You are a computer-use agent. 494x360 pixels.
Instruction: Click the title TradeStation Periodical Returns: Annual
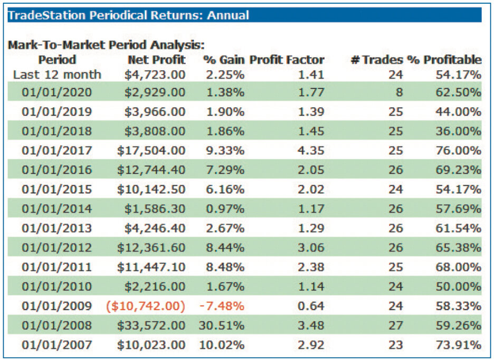[128, 15]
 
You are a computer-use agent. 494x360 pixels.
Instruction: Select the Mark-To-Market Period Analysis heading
[106, 45]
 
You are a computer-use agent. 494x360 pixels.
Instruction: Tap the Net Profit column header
[157, 60]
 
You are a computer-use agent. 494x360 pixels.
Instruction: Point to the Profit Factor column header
[287, 60]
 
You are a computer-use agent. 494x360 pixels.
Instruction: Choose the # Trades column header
[377, 60]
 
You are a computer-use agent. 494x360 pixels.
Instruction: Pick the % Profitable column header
[444, 60]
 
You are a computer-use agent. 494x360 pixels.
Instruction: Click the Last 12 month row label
[57, 75]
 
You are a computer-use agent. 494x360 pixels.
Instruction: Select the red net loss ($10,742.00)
[146, 306]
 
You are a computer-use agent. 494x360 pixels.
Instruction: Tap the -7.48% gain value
[222, 306]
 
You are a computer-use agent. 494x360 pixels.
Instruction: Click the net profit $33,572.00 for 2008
[151, 325]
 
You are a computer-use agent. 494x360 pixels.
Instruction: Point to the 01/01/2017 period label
[56, 150]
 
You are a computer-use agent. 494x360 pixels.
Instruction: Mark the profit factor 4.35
[311, 150]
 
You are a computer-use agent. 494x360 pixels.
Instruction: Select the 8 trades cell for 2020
[399, 92]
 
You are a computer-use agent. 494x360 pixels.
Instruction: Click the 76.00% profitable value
[459, 150]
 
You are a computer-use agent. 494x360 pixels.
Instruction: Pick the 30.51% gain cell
[222, 325]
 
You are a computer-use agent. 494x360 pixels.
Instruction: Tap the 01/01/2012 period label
[56, 248]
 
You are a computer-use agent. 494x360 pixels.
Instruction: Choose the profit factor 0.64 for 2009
[311, 306]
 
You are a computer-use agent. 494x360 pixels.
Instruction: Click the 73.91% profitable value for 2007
[459, 345]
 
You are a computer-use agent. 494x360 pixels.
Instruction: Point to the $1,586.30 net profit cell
[155, 209]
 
